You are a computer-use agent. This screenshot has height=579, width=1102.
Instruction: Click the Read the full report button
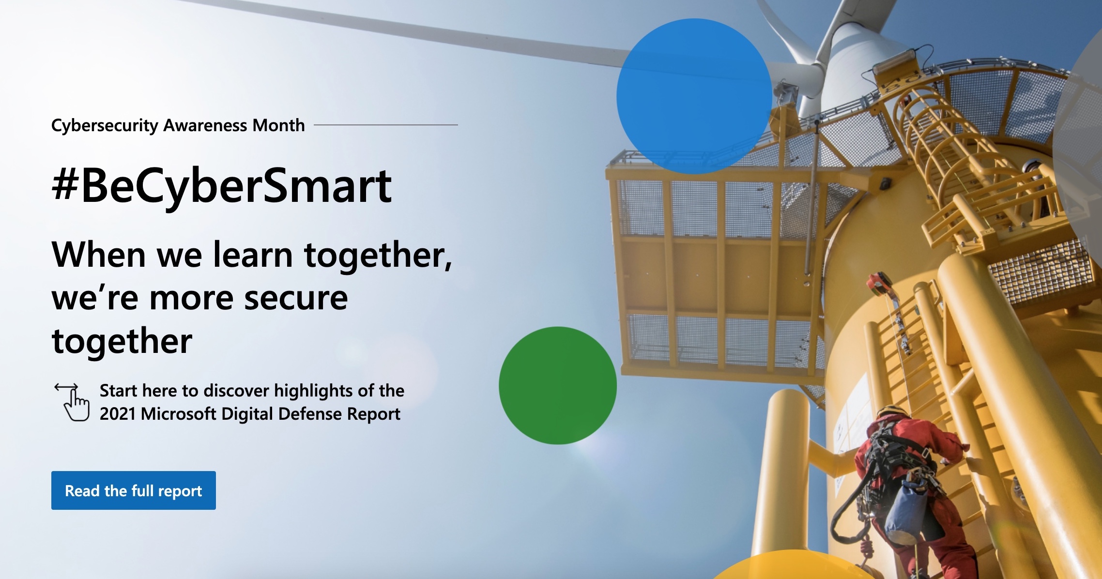click(134, 490)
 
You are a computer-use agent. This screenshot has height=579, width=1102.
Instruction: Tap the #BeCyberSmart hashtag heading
click(222, 186)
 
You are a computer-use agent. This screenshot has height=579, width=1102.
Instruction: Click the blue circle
click(694, 96)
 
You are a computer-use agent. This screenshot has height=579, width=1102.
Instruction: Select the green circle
click(558, 385)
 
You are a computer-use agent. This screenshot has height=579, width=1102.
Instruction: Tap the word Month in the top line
click(279, 125)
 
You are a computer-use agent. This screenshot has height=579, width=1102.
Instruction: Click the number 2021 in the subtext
click(117, 414)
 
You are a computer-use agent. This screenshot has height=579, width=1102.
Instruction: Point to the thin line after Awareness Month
click(386, 125)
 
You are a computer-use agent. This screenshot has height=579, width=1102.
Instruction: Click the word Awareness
click(205, 125)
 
